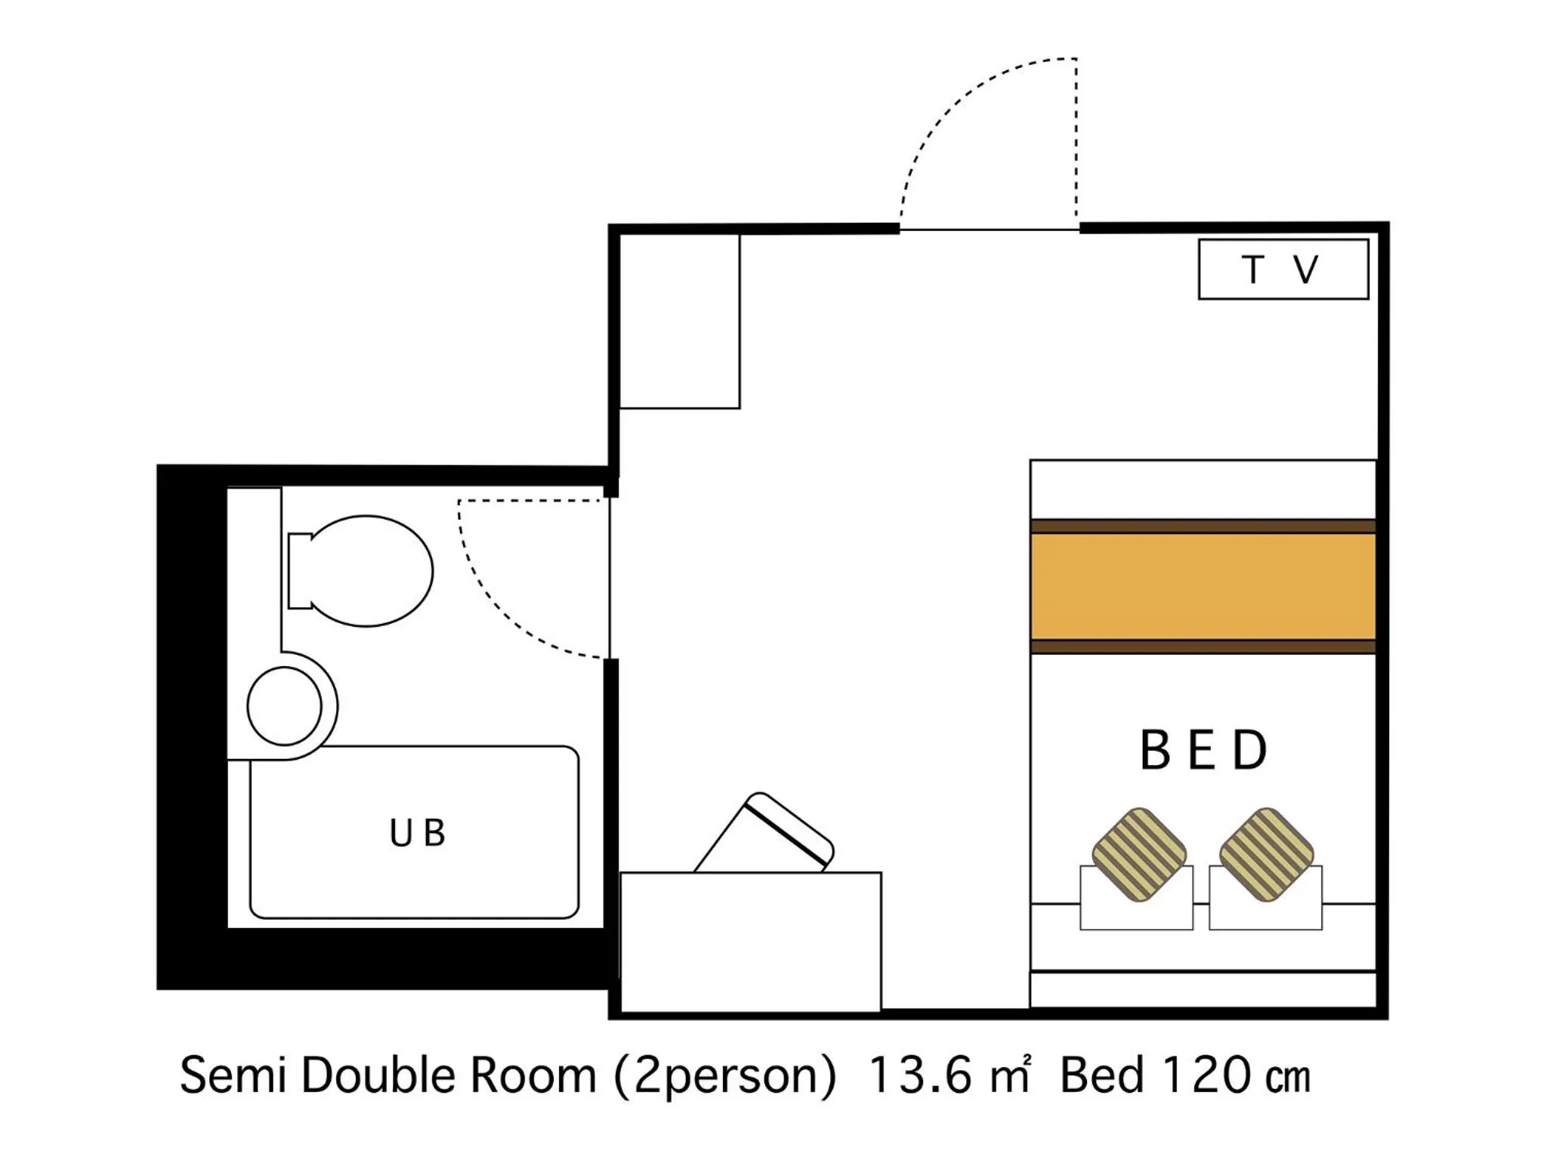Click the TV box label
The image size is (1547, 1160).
(1282, 270)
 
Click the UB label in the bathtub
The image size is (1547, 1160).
(417, 833)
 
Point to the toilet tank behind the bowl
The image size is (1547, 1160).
(299, 571)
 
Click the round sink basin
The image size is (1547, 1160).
(284, 706)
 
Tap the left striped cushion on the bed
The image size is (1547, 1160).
(1139, 855)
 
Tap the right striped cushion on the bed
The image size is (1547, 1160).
(1266, 855)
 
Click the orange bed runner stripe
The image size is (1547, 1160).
(1203, 586)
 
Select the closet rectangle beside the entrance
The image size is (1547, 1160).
(679, 322)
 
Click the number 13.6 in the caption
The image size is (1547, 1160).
(919, 1075)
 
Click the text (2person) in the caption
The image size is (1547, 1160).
(725, 1075)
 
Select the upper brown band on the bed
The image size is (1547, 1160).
(1203, 526)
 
